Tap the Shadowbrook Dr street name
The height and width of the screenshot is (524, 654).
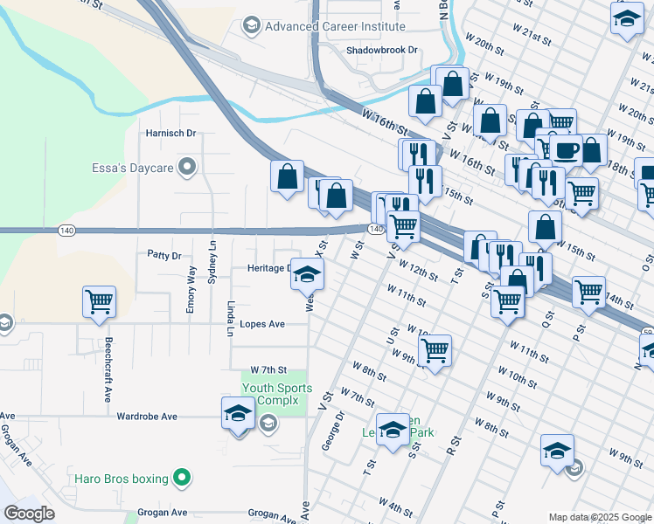[x=383, y=51]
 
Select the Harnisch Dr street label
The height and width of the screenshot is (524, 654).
[x=170, y=134]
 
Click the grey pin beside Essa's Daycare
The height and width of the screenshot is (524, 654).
[x=186, y=166]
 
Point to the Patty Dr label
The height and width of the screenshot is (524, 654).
[x=163, y=256]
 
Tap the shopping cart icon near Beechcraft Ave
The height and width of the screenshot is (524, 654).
[x=99, y=302]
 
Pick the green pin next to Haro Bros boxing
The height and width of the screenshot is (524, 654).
[x=181, y=478]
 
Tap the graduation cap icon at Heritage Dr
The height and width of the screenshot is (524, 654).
[x=307, y=275]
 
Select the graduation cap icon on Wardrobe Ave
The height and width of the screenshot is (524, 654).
[x=238, y=414]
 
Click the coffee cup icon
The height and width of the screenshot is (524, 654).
[x=565, y=148]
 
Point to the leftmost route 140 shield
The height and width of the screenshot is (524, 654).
[x=66, y=230]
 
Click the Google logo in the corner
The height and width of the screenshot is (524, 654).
[x=30, y=514]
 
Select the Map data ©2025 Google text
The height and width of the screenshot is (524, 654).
[x=598, y=517]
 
